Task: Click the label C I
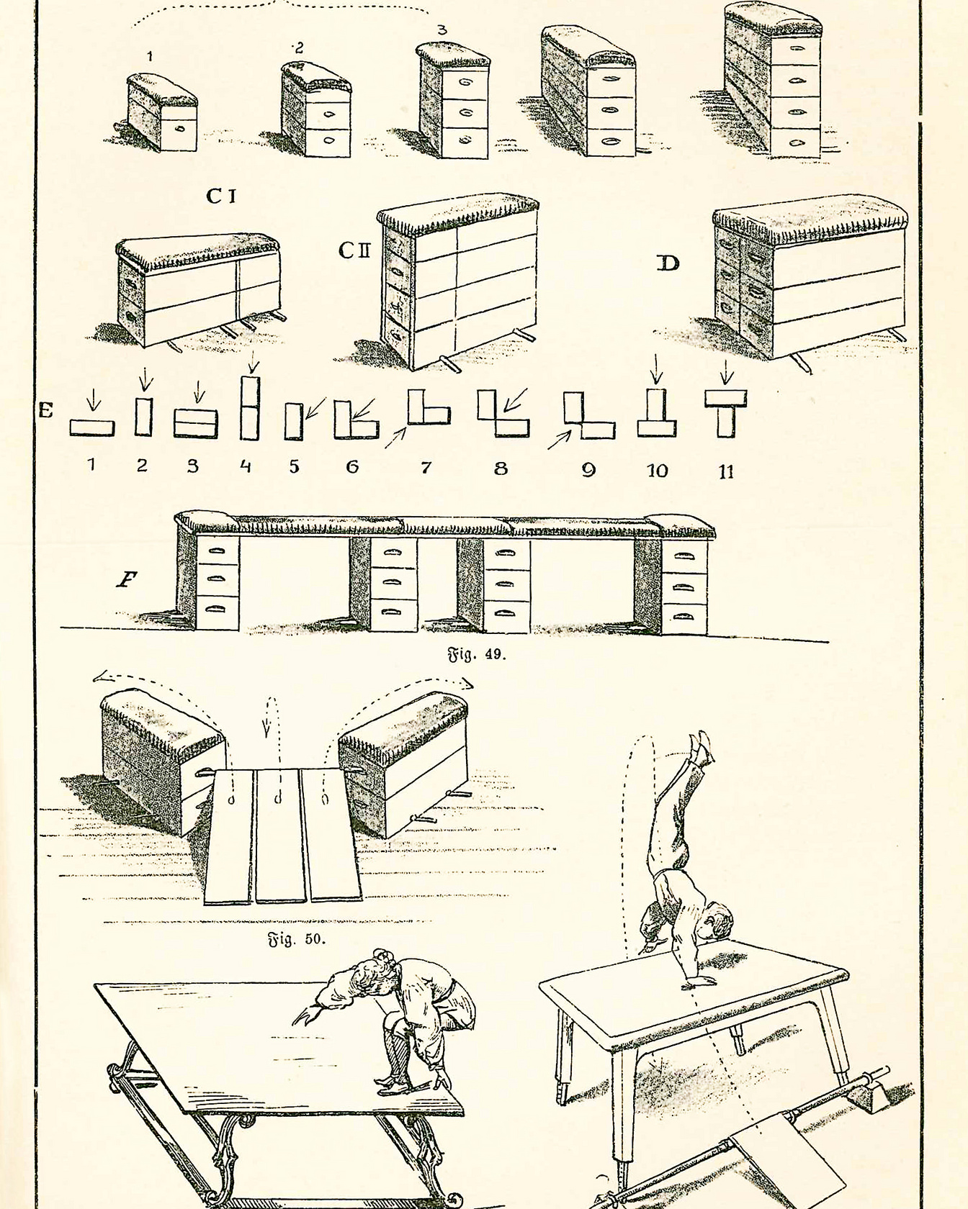tap(221, 195)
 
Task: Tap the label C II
tap(354, 250)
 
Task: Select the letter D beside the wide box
tap(668, 263)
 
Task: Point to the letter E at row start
tap(46, 411)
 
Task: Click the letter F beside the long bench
tap(127, 579)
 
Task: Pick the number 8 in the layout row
tap(501, 468)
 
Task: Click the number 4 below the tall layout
tap(246, 466)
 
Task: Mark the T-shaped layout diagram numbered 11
tap(726, 414)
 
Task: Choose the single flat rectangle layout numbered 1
tap(91, 428)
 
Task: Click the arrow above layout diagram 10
tap(655, 368)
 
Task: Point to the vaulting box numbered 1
tap(161, 112)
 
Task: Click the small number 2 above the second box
tap(298, 47)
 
